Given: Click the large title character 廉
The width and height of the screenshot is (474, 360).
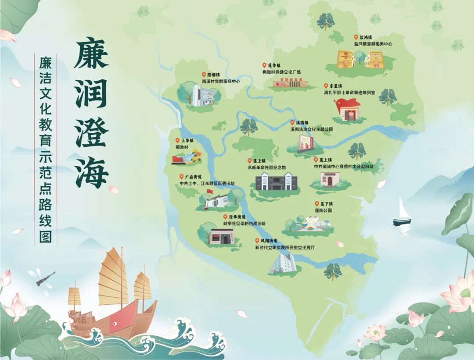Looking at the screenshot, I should pos(91,54).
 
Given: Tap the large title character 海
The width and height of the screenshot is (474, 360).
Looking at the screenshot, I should pos(91,172).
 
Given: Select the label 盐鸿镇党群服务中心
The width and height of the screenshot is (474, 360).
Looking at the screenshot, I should pos(373,44).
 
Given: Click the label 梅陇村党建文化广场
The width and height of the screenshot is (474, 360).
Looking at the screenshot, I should pos(281,72).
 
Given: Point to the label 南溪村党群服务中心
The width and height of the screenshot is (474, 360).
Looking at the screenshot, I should pos(221,81).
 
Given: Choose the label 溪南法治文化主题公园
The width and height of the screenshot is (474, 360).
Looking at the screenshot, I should pos(311,129).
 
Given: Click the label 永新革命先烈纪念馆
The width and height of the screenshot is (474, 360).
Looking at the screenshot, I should pos(266,167).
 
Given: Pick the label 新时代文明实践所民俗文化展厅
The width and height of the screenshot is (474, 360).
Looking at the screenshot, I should pos(285,248).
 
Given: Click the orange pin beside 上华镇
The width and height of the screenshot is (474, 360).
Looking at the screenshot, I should pos(177,140).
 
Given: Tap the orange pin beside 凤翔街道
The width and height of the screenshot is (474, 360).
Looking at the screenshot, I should pos(257,241).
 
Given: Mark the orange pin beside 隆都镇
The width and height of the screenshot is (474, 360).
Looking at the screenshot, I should pos(204,75).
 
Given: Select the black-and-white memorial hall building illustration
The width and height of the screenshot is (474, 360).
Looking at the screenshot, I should pos(276,181).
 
